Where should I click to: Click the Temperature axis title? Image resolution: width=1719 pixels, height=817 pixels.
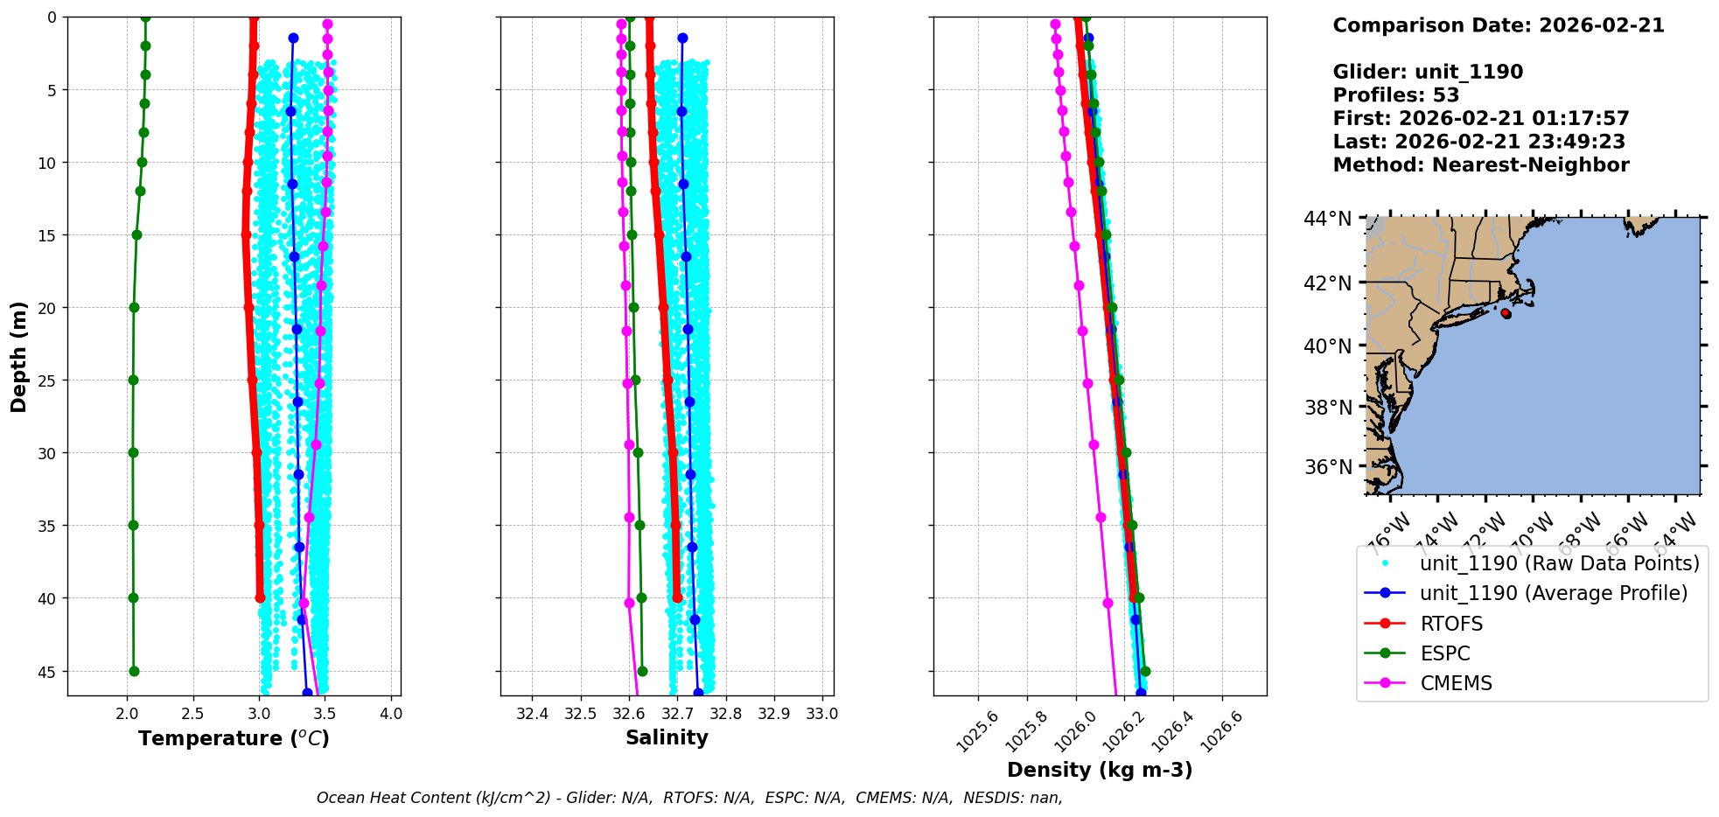tap(234, 738)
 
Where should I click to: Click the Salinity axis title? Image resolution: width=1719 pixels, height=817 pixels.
tap(667, 737)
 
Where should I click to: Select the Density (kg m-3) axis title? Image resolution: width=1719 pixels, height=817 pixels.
tap(1100, 770)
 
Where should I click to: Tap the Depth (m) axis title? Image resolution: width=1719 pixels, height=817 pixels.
tap(19, 356)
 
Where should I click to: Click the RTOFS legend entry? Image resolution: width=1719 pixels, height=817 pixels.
tap(1451, 624)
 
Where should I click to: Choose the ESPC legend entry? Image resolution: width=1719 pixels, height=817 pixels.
tap(1444, 653)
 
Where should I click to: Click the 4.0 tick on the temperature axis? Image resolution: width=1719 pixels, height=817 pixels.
tap(391, 714)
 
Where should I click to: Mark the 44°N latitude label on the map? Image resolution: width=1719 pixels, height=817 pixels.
tap(1327, 219)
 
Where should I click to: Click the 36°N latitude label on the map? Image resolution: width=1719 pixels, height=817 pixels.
tap(1327, 467)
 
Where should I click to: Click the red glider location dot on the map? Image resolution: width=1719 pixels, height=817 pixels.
tap(1506, 313)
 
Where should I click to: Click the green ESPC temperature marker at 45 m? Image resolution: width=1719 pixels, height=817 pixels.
tap(134, 671)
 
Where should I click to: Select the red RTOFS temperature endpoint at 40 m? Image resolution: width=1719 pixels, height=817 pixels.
tap(260, 597)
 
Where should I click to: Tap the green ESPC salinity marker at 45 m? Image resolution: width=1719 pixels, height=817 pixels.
tap(642, 671)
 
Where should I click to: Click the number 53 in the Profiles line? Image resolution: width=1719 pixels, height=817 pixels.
tap(1445, 95)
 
